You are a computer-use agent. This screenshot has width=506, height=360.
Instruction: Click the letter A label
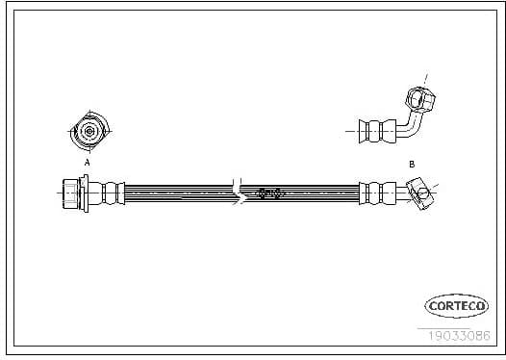click(x=88, y=164)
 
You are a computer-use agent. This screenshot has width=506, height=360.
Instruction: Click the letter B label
click(x=411, y=165)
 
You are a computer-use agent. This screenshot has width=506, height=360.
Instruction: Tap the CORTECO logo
click(x=458, y=306)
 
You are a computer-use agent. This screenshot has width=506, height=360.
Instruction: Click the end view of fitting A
click(x=88, y=132)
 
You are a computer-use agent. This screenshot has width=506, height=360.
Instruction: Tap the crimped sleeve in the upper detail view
click(x=375, y=129)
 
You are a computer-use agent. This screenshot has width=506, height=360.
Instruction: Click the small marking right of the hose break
click(x=269, y=193)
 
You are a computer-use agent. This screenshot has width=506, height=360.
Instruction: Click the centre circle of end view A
click(x=88, y=132)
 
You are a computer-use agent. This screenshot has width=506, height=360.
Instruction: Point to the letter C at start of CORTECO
click(x=433, y=306)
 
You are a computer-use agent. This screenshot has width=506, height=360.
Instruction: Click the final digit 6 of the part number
click(x=487, y=335)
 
